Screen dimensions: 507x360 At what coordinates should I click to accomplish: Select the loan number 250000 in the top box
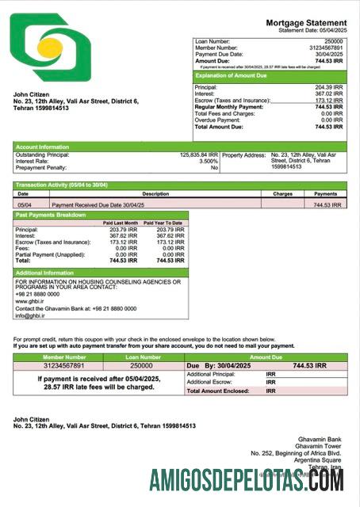click(334, 40)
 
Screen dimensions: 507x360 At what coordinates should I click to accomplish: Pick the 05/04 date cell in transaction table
click(24, 204)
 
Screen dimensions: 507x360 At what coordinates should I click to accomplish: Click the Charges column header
click(282, 193)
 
